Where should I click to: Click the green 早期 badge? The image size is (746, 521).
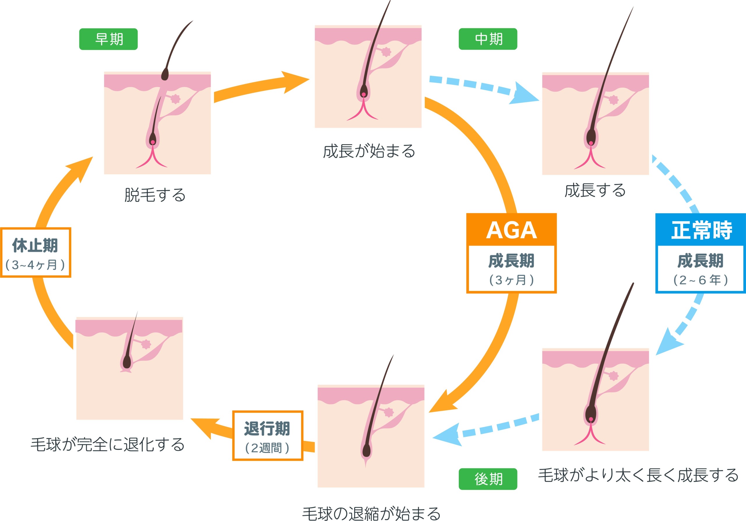click(108, 39)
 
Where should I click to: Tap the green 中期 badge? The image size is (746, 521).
click(488, 39)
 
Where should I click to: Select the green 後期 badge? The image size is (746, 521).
click(488, 479)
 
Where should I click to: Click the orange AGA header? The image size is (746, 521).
click(511, 229)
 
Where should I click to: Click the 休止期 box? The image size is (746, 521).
click(36, 252)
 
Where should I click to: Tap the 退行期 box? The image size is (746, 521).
click(268, 436)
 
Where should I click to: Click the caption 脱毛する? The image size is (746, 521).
click(155, 195)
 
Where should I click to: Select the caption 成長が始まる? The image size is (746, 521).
click(369, 151)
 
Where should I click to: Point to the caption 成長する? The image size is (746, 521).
click(595, 190)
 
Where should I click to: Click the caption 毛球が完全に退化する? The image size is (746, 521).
click(108, 444)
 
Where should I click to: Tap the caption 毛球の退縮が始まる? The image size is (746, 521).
click(371, 513)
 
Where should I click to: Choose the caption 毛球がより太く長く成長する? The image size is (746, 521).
click(638, 475)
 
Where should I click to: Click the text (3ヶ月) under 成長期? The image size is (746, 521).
click(511, 280)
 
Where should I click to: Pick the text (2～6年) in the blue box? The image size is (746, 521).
click(701, 280)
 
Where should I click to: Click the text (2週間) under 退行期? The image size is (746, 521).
click(267, 448)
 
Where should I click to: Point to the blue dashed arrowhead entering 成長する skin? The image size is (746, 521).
click(524, 94)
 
